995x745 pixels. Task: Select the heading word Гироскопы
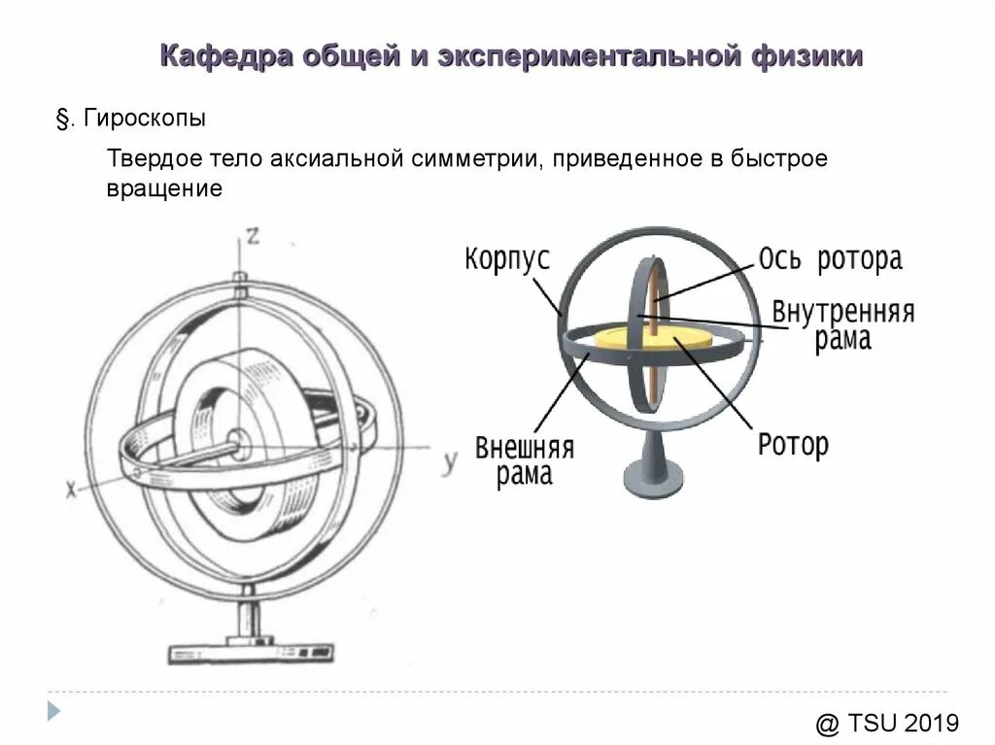[144, 120]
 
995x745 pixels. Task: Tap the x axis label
[71, 491]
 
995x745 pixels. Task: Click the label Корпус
[507, 259]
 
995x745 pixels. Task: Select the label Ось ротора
[831, 259]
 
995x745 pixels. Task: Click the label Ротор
[793, 446]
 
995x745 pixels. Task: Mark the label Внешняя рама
[525, 461]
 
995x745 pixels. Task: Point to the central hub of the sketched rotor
[239, 448]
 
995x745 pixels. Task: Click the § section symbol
[63, 120]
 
